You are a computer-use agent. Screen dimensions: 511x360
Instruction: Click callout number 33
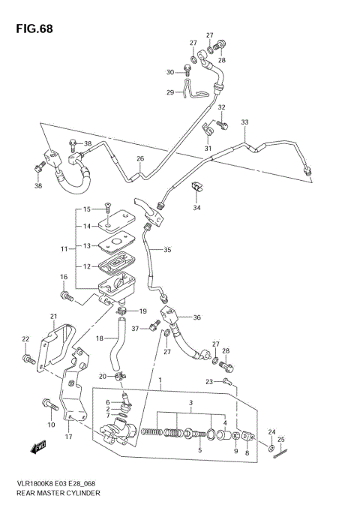(x=244, y=122)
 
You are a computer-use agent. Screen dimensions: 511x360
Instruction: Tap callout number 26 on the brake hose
(x=139, y=158)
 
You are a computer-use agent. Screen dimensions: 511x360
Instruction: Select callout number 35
(x=166, y=250)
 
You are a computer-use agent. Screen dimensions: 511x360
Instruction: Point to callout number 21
(x=53, y=316)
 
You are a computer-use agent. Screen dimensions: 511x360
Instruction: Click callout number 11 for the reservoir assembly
(x=64, y=248)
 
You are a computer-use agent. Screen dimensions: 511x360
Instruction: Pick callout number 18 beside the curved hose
(x=98, y=338)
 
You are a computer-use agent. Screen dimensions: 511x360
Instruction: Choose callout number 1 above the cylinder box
(x=160, y=381)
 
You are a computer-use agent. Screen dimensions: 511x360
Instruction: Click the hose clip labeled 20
(x=120, y=376)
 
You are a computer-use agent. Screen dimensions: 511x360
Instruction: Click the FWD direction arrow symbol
(x=36, y=449)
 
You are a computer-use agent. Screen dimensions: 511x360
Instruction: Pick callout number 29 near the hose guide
(x=170, y=92)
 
